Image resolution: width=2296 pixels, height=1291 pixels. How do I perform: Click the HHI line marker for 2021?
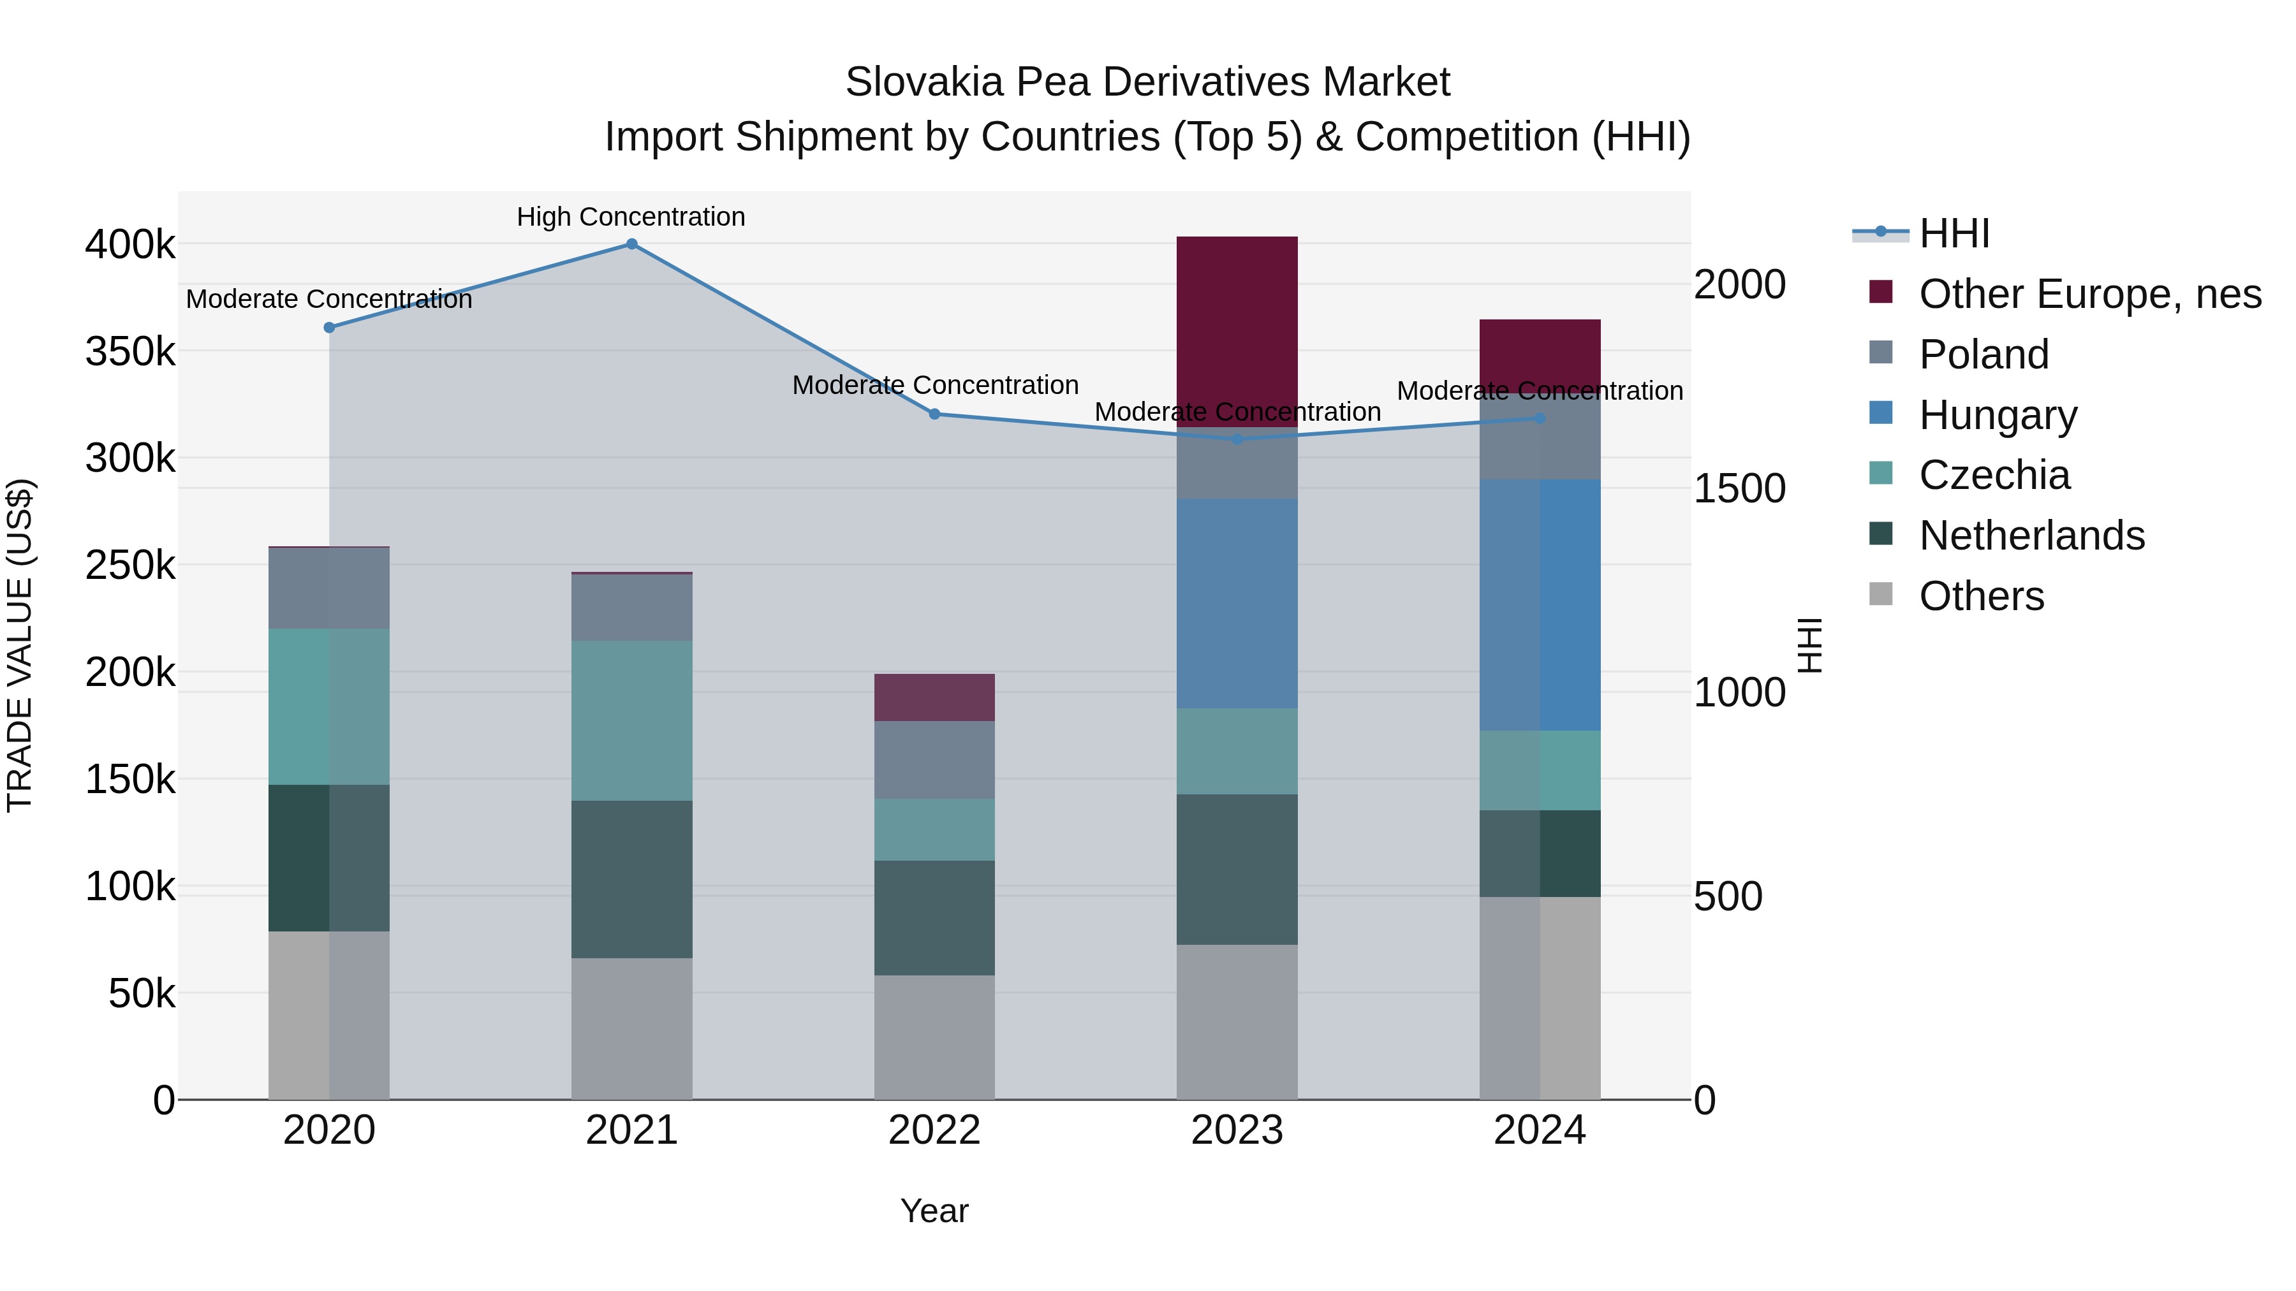coord(631,244)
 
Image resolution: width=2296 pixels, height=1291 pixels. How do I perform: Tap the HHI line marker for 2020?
coord(329,328)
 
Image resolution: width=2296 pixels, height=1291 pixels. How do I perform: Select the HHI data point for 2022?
coord(934,414)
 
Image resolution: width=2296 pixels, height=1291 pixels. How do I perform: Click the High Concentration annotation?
coord(630,217)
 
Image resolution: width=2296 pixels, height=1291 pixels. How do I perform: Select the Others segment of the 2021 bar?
coord(631,1028)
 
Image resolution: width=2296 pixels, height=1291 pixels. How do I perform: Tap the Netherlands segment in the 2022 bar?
coord(934,917)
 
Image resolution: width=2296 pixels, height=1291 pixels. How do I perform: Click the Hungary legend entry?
coord(1998,415)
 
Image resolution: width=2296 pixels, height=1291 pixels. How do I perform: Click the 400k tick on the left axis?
coord(130,244)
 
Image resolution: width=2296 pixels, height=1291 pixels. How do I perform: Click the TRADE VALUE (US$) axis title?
coord(20,645)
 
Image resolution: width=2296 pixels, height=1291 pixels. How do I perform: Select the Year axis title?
coord(934,1211)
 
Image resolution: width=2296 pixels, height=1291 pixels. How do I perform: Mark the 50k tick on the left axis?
coord(142,993)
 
